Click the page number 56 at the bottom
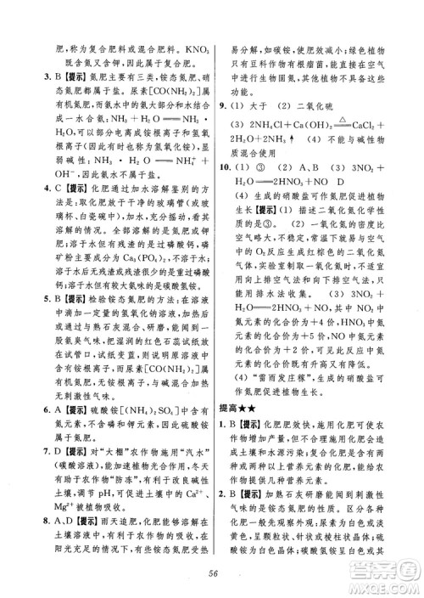pos(211,573)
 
